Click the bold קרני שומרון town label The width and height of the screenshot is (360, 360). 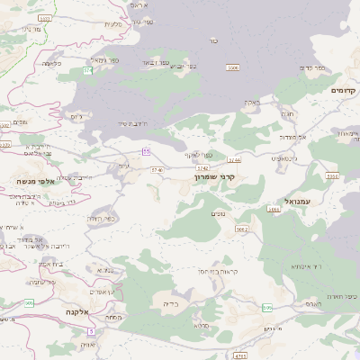tap(214, 177)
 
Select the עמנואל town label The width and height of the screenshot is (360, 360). tap(296, 202)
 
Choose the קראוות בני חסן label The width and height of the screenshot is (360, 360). tap(218, 271)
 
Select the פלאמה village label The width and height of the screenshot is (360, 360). tap(49, 63)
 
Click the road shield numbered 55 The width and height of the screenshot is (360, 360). tap(146, 151)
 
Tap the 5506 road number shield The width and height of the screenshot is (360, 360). tap(233, 67)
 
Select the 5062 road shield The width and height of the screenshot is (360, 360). tap(241, 229)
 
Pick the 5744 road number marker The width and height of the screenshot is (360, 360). tap(234, 160)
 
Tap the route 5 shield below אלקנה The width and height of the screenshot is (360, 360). tap(90, 330)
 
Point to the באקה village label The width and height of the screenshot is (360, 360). tap(251, 103)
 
